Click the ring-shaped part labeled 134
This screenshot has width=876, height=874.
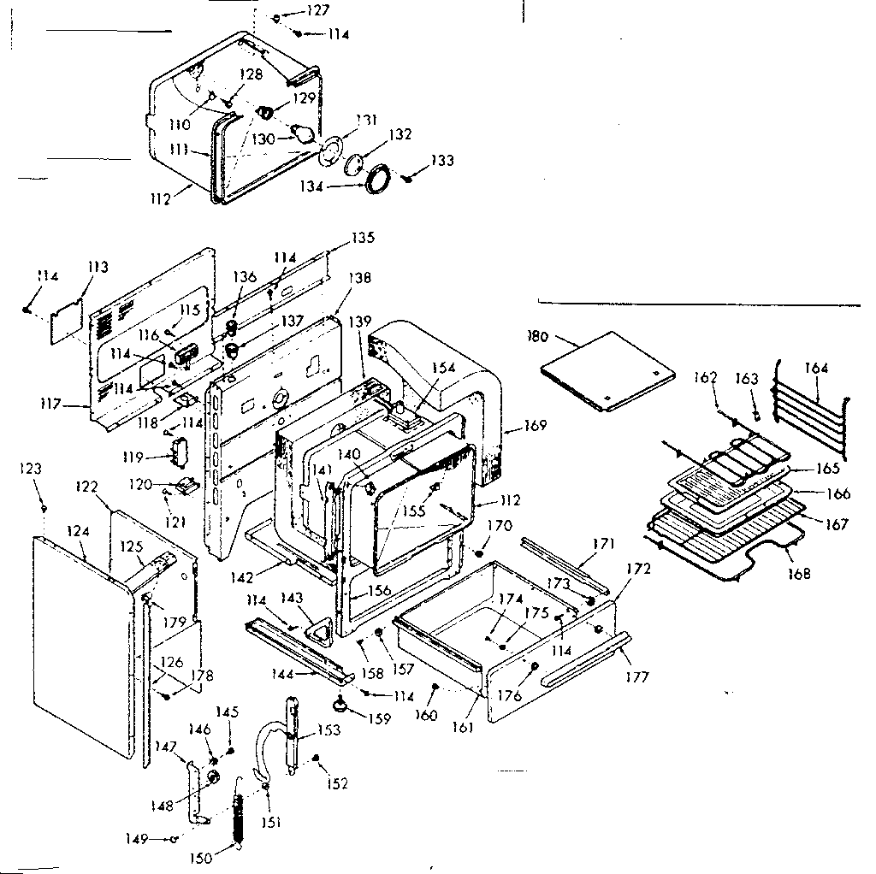pos(376,181)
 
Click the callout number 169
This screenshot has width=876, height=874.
pos(536,425)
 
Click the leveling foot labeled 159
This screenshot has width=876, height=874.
pos(341,704)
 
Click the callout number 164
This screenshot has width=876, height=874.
pos(817,369)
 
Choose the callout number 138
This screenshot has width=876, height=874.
pos(359,278)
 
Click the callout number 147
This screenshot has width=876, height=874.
pos(164,747)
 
